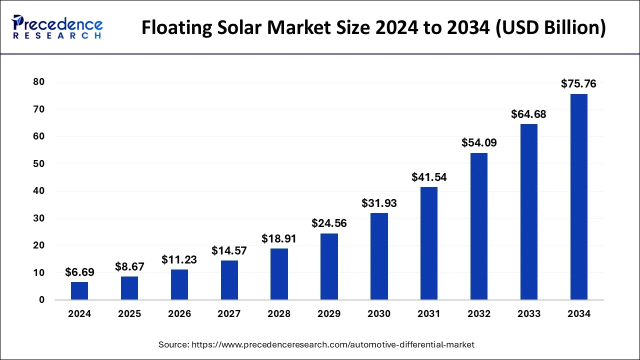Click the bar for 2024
[79, 291]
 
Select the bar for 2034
[579, 197]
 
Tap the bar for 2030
[379, 256]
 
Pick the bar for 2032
[479, 226]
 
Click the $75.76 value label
[578, 84]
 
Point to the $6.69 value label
[79, 272]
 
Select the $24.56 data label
[329, 223]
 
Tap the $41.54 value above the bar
[429, 177]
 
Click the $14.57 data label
[229, 250]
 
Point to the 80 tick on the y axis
[38, 82]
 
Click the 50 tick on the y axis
[38, 164]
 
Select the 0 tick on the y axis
[42, 300]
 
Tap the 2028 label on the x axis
[279, 314]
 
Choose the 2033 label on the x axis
[529, 314]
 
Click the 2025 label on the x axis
[129, 314]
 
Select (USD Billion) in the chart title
[550, 28]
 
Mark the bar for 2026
[179, 284]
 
